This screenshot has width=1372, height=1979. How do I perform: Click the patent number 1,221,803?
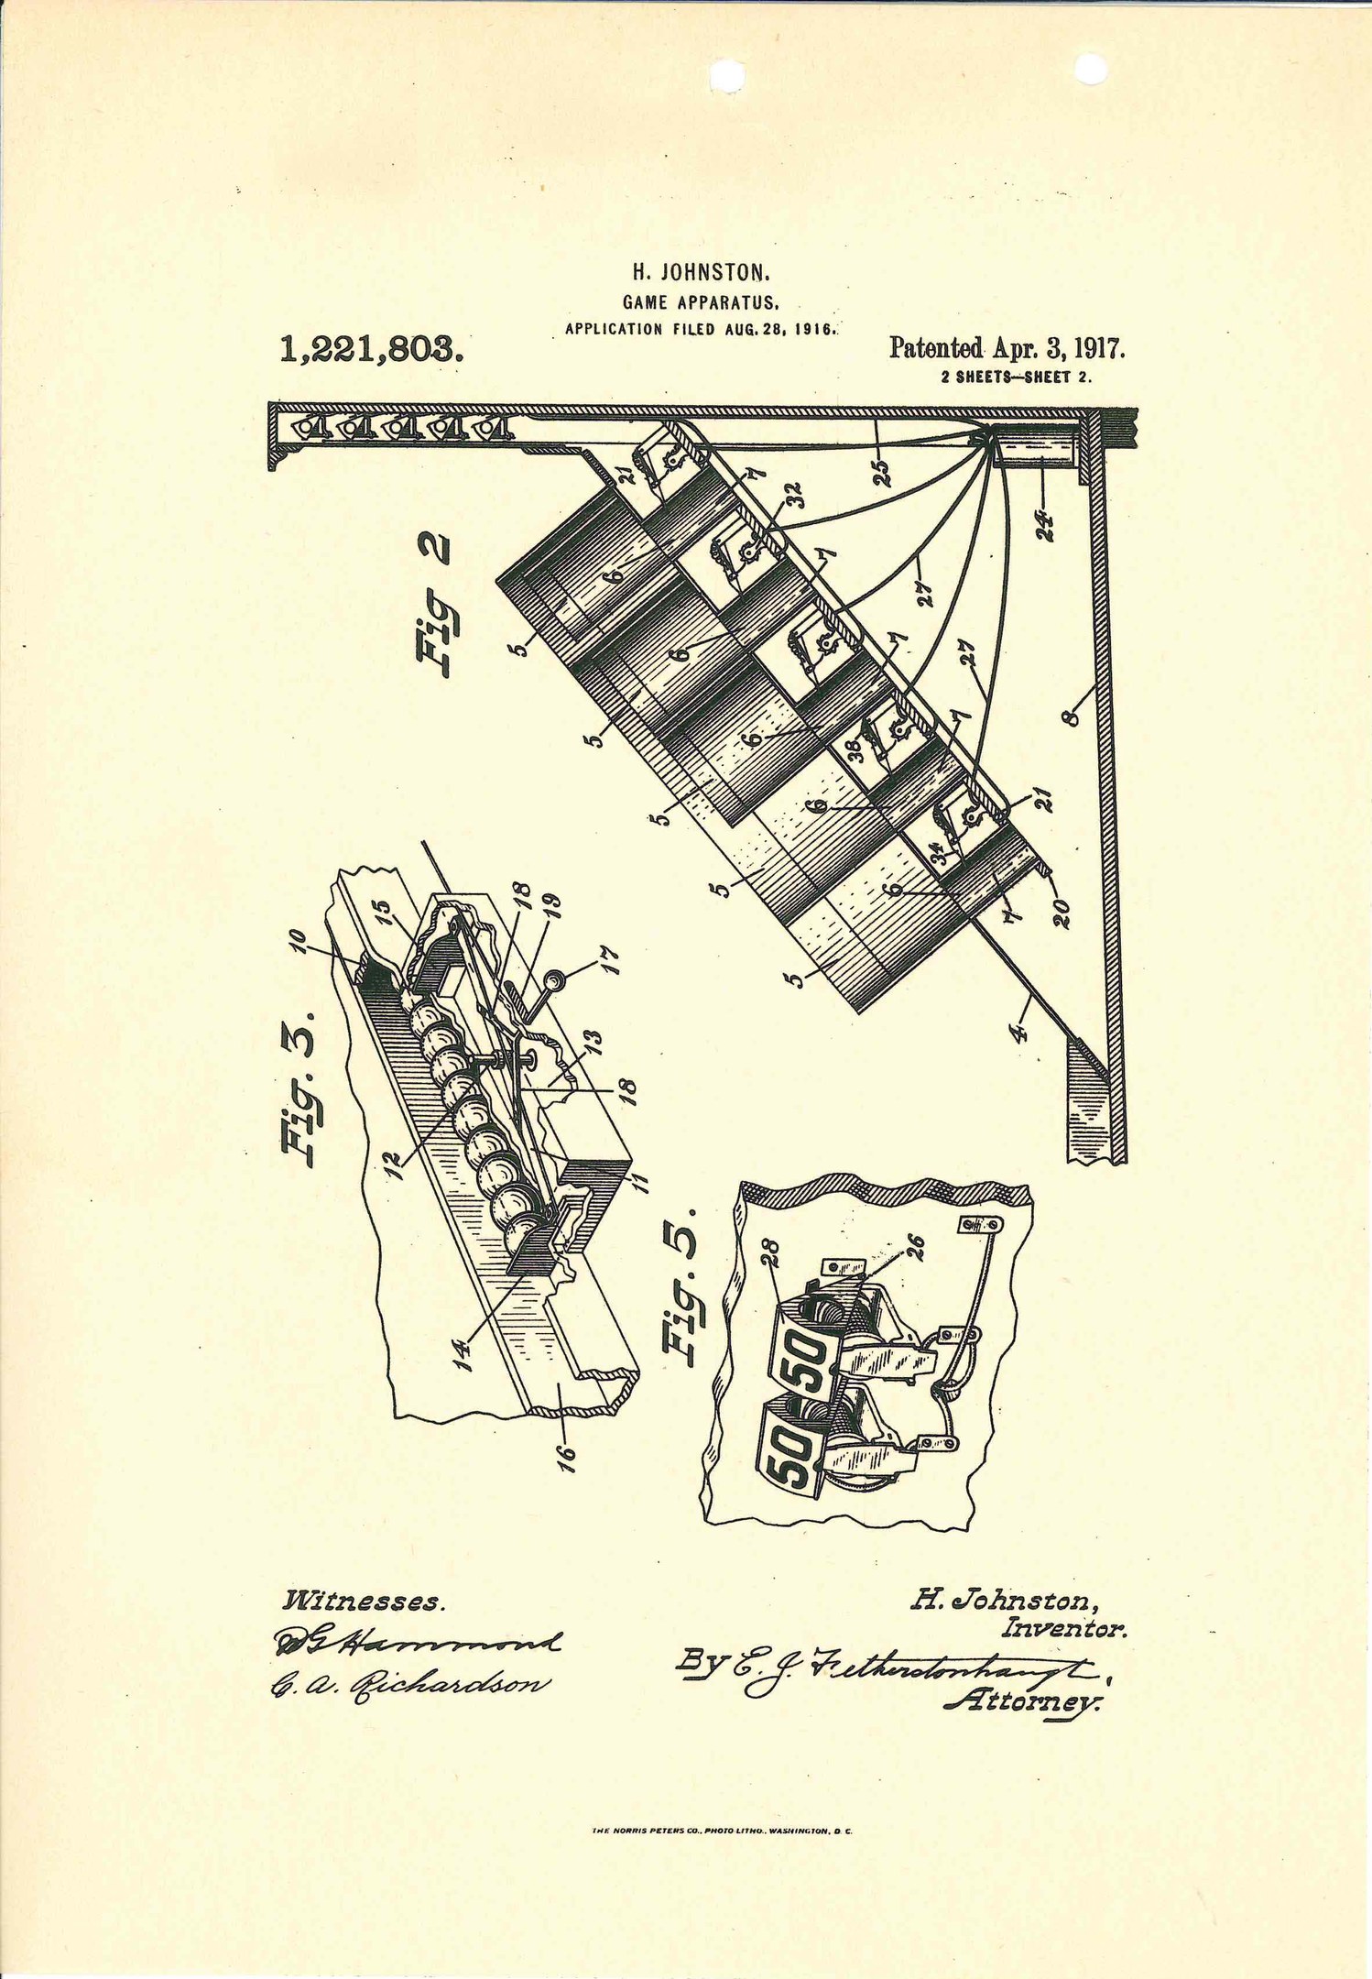(x=370, y=349)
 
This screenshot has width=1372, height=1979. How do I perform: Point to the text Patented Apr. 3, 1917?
(x=1007, y=348)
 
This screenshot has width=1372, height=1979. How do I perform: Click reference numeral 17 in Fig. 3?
(x=610, y=959)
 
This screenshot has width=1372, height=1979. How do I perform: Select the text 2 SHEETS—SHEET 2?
(x=1016, y=377)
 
